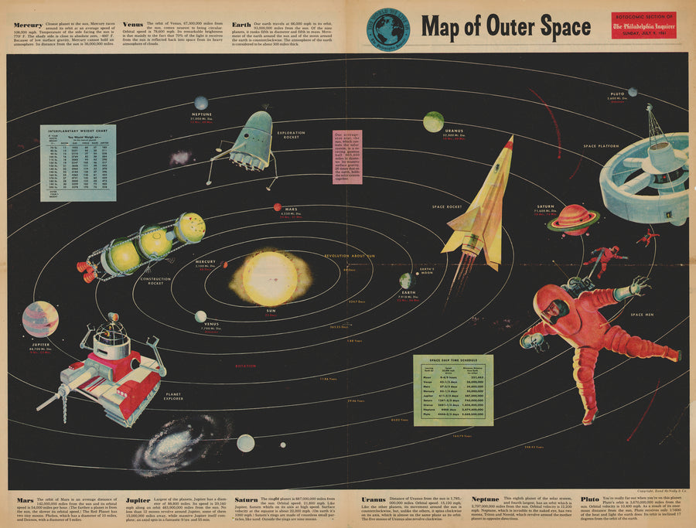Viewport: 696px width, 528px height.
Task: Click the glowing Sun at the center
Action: pyautogui.click(x=270, y=278)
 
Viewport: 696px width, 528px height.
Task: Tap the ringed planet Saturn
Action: pyautogui.click(x=574, y=220)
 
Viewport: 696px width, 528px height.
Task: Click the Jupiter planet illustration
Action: pyautogui.click(x=40, y=319)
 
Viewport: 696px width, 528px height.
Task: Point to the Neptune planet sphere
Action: pyautogui.click(x=201, y=103)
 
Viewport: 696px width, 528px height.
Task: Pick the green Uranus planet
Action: pyautogui.click(x=433, y=121)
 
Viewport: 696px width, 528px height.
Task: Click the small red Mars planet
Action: pyautogui.click(x=277, y=207)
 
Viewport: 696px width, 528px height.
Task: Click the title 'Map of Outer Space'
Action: pyautogui.click(x=506, y=27)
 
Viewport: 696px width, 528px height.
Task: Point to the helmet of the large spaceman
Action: pyautogui.click(x=554, y=310)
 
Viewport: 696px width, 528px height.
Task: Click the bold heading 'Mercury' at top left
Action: pyautogui.click(x=27, y=25)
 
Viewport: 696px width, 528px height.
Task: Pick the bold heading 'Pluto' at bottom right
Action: pyautogui.click(x=590, y=500)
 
